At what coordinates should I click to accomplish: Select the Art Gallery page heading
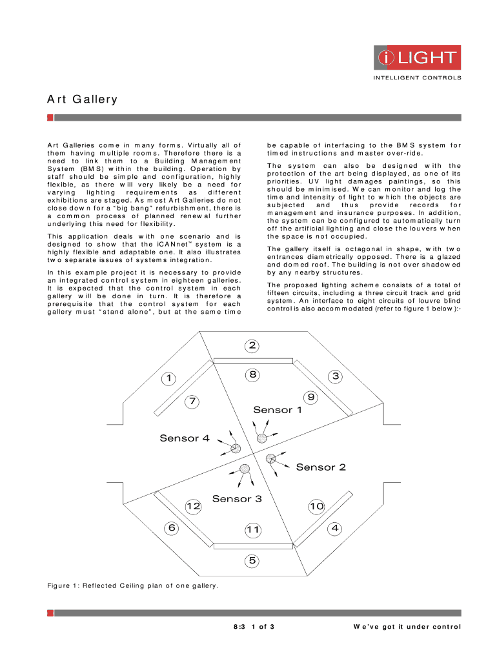click(82, 99)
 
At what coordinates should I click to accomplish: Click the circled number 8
click(252, 374)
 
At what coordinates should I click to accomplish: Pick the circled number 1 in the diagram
click(169, 378)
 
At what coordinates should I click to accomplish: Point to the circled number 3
click(334, 376)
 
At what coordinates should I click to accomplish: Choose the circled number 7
click(192, 402)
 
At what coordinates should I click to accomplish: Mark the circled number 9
click(310, 398)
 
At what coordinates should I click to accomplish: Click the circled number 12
click(193, 507)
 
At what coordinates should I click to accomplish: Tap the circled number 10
click(316, 507)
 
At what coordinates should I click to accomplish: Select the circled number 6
click(172, 528)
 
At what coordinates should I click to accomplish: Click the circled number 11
click(252, 530)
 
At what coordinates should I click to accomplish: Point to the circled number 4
click(334, 528)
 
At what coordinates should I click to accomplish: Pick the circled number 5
click(252, 560)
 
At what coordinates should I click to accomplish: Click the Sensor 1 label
click(277, 410)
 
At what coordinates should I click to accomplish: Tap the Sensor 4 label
click(185, 438)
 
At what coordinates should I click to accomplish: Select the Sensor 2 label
click(321, 467)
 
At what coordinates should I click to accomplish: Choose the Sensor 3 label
click(237, 498)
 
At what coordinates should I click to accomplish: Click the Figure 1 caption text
click(132, 585)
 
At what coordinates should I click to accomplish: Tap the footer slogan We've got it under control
click(407, 627)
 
